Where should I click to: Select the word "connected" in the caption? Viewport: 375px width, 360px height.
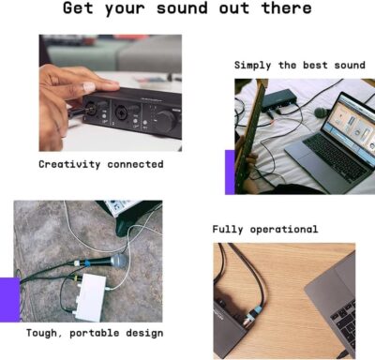(x=135, y=164)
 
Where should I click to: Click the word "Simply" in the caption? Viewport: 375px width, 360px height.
(x=254, y=66)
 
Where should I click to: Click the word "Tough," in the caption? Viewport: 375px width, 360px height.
(x=45, y=332)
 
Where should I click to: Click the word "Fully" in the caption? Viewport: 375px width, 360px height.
(x=230, y=229)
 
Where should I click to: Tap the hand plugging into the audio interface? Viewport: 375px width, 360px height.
(x=61, y=89)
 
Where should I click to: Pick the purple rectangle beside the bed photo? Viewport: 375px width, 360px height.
(x=230, y=172)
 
